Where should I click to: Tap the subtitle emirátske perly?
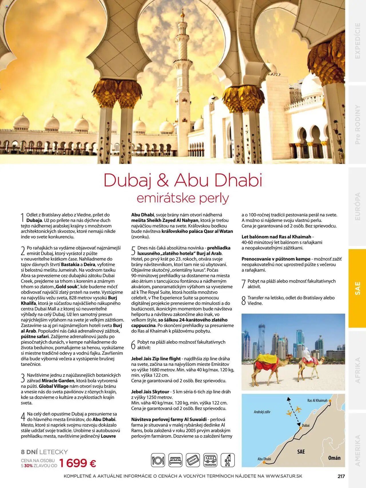tap(183, 198)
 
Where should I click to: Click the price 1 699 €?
tap(77, 463)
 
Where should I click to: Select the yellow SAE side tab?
tap(357, 288)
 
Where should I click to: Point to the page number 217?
tap(341, 476)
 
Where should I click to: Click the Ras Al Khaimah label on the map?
tap(317, 400)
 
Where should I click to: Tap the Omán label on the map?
tap(334, 458)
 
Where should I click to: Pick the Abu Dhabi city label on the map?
tap(264, 459)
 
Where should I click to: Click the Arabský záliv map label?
tap(262, 412)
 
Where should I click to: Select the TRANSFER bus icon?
tap(210, 460)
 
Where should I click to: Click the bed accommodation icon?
tap(175, 460)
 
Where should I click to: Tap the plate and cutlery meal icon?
tap(158, 460)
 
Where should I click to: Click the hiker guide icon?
tap(228, 460)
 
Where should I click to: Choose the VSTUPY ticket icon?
tap(193, 460)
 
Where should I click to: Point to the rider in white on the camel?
tap(307, 355)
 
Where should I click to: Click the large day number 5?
tap(133, 251)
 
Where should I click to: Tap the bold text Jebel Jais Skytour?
tap(150, 392)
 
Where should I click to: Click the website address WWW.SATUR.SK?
tap(284, 476)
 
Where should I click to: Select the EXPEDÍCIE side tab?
tap(357, 41)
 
